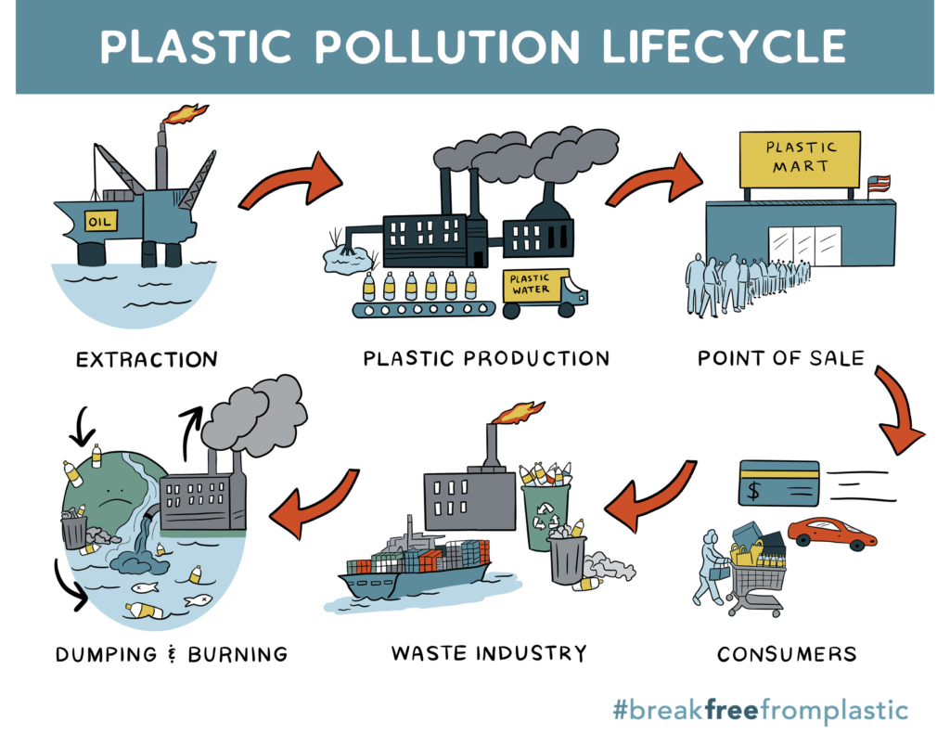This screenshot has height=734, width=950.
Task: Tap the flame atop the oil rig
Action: [x=186, y=114]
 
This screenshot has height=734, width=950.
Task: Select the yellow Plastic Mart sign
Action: [x=798, y=160]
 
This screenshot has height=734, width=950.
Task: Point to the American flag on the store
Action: [x=878, y=183]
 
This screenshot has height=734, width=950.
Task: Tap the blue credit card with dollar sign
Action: [x=778, y=483]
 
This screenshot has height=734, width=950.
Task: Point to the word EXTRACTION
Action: [x=147, y=358]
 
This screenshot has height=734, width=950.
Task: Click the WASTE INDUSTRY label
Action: [x=489, y=652]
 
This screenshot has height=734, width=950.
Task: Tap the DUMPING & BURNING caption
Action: [x=172, y=653]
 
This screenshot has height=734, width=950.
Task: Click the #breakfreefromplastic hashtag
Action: [x=760, y=711]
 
